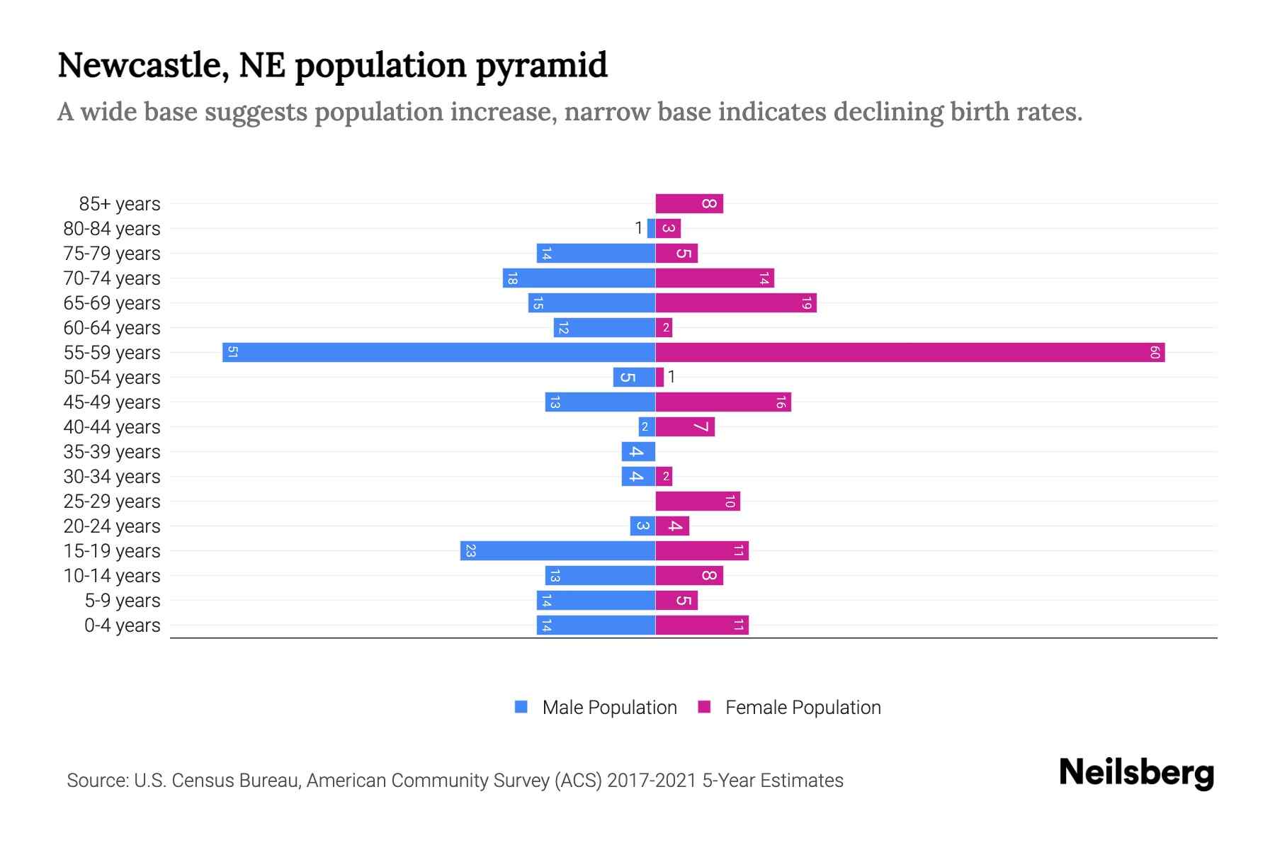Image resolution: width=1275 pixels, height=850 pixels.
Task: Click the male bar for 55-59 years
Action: point(439,353)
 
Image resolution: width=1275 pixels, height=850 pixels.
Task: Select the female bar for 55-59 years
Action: point(910,353)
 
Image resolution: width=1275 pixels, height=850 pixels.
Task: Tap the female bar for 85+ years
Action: point(689,204)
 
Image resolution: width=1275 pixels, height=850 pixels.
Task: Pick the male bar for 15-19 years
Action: point(557,551)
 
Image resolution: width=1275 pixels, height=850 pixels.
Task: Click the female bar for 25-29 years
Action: point(698,501)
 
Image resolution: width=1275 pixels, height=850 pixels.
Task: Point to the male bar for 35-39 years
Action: point(638,452)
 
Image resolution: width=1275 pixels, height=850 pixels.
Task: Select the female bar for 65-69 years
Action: point(736,303)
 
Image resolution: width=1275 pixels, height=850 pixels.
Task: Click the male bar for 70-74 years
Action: point(579,278)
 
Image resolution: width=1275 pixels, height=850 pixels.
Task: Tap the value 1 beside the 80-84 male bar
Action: point(638,228)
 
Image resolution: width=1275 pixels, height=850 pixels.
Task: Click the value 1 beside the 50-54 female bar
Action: point(671,377)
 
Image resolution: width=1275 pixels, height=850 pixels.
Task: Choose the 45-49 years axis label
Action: point(112,402)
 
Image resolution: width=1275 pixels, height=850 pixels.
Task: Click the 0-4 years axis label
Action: point(122,625)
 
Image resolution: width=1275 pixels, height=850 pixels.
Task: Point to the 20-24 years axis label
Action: point(112,526)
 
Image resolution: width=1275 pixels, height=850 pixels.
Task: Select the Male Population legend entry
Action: point(596,708)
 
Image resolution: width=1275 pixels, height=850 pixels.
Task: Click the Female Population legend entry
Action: point(790,708)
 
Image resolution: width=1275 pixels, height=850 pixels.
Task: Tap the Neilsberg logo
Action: point(1136,773)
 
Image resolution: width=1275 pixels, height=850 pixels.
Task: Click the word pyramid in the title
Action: point(541,65)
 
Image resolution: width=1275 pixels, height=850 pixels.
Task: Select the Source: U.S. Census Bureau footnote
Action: point(455,781)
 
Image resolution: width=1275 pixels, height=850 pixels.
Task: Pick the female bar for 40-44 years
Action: point(685,427)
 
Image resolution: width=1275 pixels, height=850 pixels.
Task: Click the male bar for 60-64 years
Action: point(604,328)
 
